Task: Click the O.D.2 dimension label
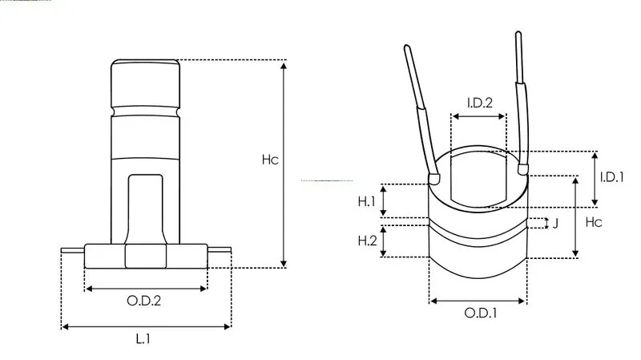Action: (x=144, y=301)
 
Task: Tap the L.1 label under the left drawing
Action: (x=143, y=338)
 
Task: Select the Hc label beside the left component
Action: (x=270, y=160)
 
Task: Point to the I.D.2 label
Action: (x=479, y=103)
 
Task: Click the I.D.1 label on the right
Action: (x=611, y=177)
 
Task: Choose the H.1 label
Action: (x=366, y=201)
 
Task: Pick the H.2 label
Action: (x=367, y=241)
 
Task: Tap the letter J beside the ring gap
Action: (x=555, y=224)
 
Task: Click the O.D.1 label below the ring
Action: (x=481, y=313)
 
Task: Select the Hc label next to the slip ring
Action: (x=594, y=222)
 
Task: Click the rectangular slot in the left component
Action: (x=146, y=209)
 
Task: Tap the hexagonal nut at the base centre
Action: (x=146, y=256)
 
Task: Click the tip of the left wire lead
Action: (x=407, y=47)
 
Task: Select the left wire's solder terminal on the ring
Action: (x=434, y=178)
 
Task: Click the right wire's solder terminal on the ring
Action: (x=523, y=169)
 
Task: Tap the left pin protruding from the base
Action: (x=73, y=250)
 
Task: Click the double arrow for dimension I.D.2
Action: (x=478, y=116)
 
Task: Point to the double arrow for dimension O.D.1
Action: (x=478, y=301)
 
